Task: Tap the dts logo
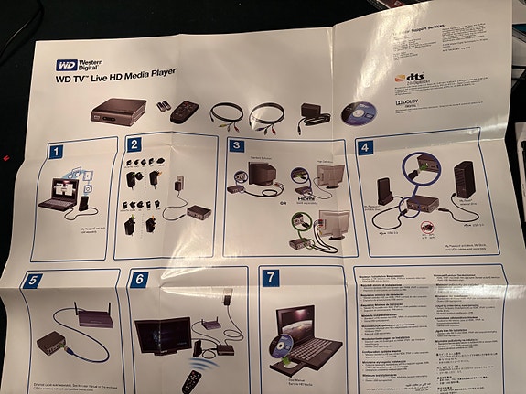413,81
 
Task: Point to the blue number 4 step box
364,147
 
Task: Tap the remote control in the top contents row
188,112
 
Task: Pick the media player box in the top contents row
116,114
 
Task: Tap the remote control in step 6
189,381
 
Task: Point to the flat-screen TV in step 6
161,336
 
